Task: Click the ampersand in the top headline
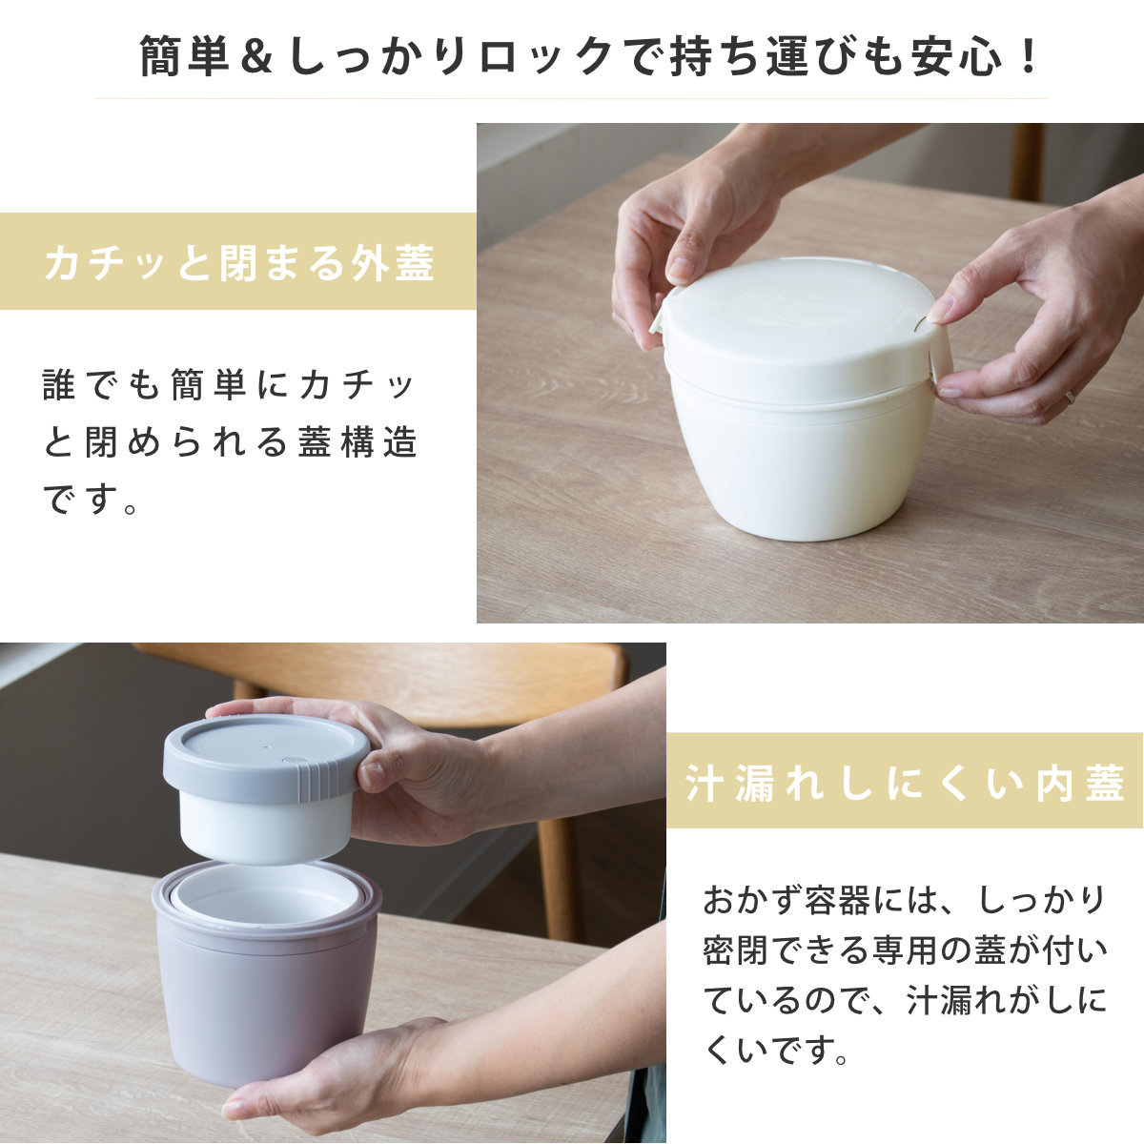tap(256, 57)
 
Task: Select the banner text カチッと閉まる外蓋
tap(238, 262)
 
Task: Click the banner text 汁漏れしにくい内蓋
tap(904, 783)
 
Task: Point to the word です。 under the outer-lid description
tap(89, 498)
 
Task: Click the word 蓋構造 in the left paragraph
tap(358, 441)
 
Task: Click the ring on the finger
tap(1070, 398)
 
